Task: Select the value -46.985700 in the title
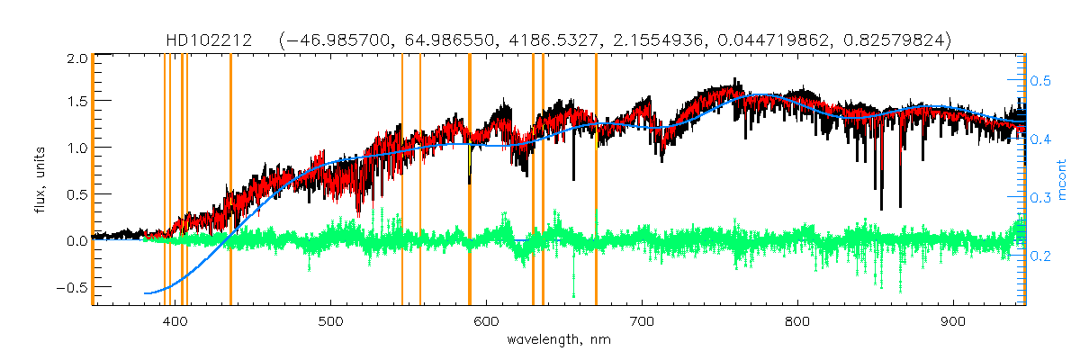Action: click(333, 40)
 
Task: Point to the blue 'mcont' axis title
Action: click(1062, 180)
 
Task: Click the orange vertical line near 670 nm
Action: click(596, 180)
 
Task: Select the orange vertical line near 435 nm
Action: click(230, 180)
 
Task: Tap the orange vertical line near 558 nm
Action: click(420, 180)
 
